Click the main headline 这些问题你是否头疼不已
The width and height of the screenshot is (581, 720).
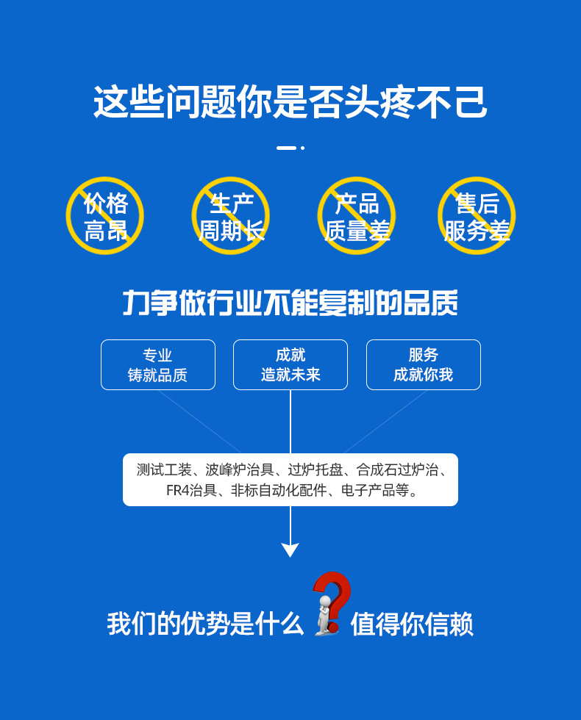coord(290,102)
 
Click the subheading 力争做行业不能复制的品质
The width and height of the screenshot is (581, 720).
coord(290,303)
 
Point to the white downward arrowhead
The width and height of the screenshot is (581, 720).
coord(290,550)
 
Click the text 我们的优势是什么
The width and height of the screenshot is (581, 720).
coord(205,624)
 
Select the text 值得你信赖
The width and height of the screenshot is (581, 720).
coord(412,624)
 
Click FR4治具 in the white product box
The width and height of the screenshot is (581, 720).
coord(191,491)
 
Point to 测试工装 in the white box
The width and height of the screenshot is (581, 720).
coord(163,469)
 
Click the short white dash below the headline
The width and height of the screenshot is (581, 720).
coord(286,148)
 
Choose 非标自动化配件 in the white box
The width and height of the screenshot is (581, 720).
coord(279,491)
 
